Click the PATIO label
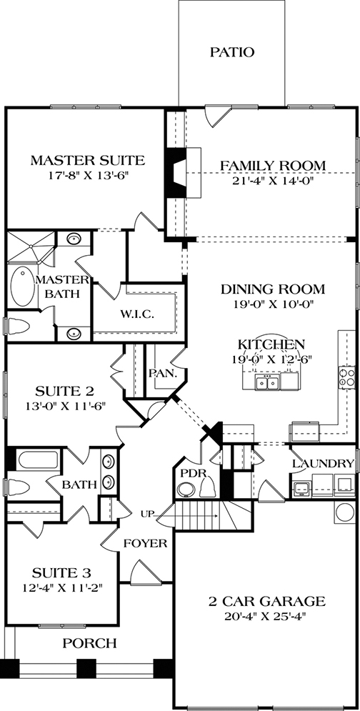pos(232,51)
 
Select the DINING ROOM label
pos(263,289)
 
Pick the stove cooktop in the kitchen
pos(347,378)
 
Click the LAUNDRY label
pos(323,464)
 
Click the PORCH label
pos(90,644)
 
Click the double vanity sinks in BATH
pos(109,472)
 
